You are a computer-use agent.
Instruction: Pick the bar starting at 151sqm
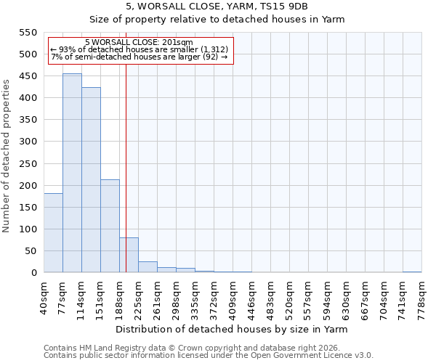110,226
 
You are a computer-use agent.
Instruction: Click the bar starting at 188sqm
129,255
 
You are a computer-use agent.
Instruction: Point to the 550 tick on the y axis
27,33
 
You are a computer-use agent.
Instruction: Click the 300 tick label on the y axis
27,142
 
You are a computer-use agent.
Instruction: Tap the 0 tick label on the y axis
33,273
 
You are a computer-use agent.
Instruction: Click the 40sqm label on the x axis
44,296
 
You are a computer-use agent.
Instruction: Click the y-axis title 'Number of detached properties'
7,156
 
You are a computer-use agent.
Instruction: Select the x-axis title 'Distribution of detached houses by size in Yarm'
232,329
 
